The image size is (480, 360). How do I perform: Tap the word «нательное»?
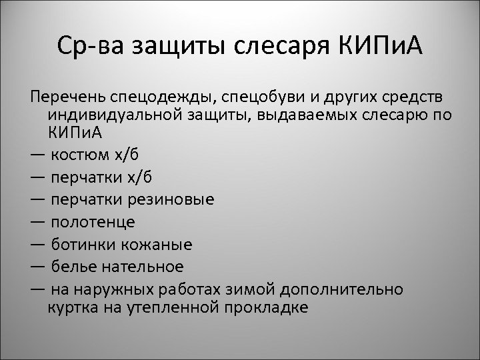(141, 267)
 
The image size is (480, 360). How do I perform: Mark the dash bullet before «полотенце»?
(38, 222)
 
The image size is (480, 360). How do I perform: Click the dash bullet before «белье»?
(38, 267)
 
